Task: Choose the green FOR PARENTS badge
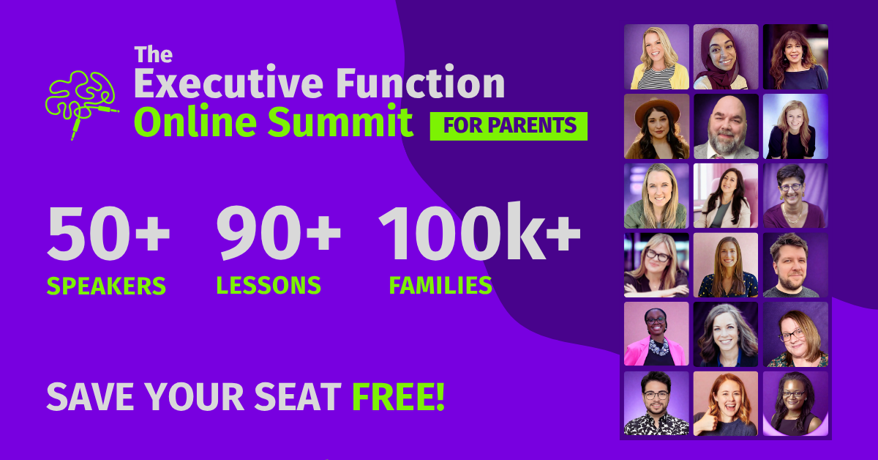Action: point(509,126)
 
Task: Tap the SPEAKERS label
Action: point(107,285)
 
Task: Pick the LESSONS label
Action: point(269,285)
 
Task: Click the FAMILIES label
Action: point(440,285)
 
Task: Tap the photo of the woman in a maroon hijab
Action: point(726,57)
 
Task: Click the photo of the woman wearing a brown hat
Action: point(656,126)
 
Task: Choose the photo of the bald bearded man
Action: point(726,126)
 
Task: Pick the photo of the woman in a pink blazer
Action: point(656,334)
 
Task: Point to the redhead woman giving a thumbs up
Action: point(726,404)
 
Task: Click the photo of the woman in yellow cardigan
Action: point(656,57)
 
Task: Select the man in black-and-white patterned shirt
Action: point(656,404)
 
